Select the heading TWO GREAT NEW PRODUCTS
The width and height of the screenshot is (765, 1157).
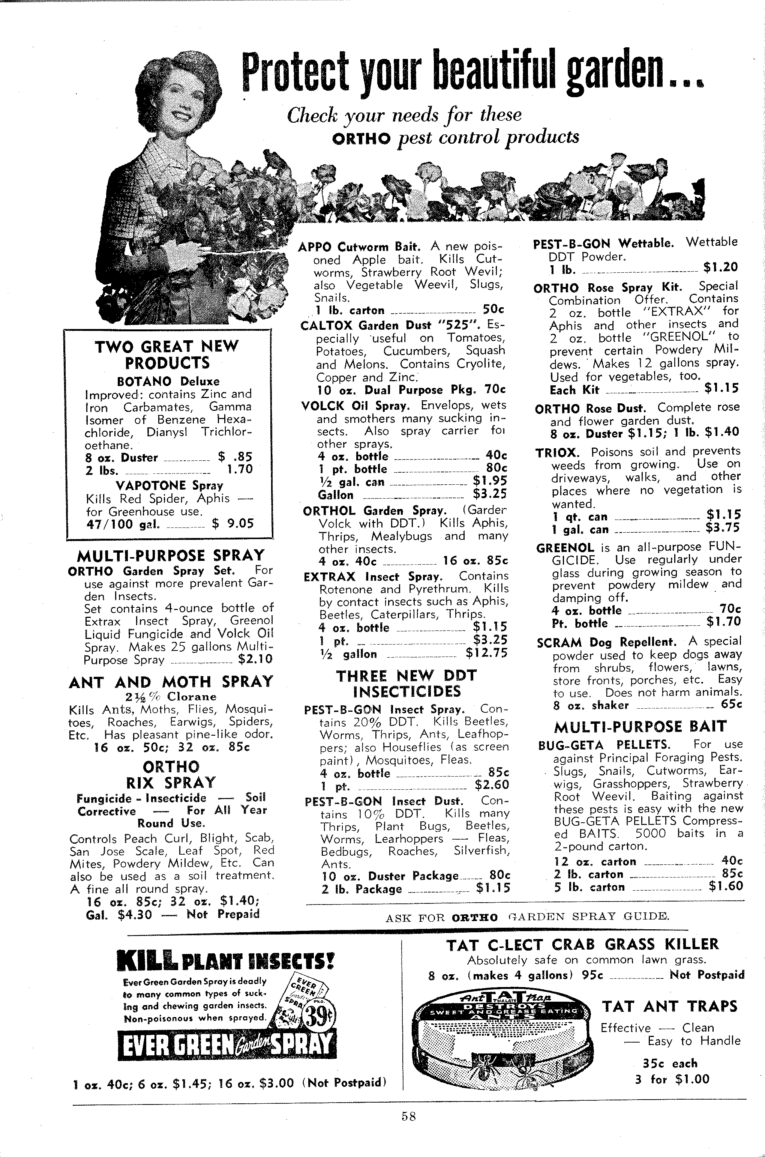[167, 355]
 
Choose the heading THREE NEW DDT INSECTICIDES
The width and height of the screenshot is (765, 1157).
[406, 683]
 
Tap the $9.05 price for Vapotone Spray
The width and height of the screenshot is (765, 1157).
[233, 524]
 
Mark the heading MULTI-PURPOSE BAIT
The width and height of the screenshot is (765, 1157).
[640, 727]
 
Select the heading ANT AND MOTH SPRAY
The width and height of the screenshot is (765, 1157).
[171, 682]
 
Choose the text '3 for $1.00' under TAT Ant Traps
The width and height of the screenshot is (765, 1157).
[672, 1079]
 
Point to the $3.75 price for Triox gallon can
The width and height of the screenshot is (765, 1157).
[723, 528]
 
